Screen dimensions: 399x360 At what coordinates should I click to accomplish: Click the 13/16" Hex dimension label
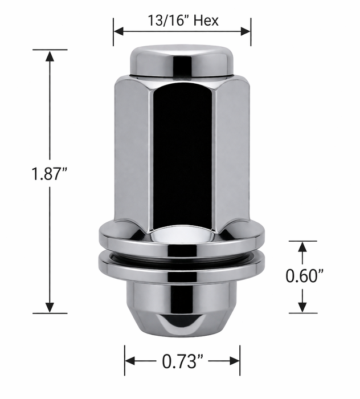point(182,21)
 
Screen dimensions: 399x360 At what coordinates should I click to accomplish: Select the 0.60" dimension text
point(304,275)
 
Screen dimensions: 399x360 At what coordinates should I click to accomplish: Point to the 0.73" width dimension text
point(182,361)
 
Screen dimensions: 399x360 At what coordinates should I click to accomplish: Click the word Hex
point(206,21)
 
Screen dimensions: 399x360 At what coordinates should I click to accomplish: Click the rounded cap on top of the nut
point(182,60)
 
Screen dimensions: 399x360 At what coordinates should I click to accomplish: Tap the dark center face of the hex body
point(182,154)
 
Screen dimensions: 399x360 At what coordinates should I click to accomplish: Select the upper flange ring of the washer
point(182,239)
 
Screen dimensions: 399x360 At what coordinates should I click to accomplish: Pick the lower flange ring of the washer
point(182,267)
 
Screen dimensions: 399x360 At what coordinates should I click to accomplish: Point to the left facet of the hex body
point(132,154)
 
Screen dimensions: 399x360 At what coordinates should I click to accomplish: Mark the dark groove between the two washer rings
point(182,253)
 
